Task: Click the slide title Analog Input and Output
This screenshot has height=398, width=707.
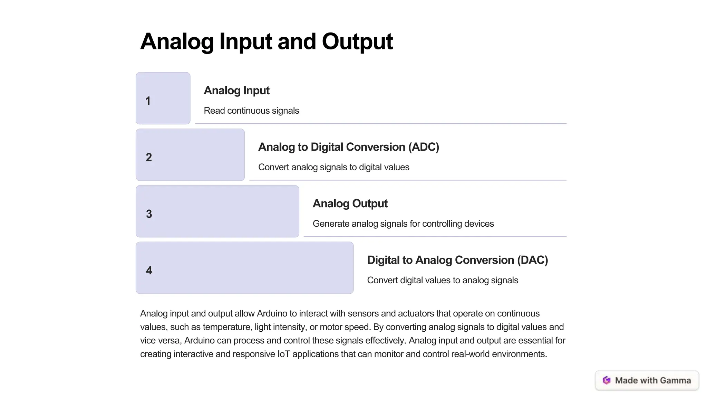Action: (x=266, y=41)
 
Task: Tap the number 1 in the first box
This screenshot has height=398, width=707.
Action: (x=148, y=101)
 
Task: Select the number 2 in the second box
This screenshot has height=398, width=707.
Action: (x=149, y=158)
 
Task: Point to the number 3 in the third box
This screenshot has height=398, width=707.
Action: (x=149, y=214)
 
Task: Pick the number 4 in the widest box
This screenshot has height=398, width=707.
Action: (x=149, y=270)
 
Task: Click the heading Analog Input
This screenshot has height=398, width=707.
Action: (x=236, y=91)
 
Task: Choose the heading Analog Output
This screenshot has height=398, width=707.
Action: (x=350, y=203)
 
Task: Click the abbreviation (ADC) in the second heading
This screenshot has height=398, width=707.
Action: (x=424, y=147)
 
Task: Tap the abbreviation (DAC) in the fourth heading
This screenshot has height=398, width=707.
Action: (x=532, y=260)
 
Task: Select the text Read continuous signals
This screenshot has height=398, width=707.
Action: (x=251, y=111)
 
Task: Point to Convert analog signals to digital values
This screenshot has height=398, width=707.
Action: (x=333, y=167)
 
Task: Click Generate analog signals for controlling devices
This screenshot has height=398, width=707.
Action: (x=403, y=224)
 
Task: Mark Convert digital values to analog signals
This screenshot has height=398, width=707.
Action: (x=443, y=280)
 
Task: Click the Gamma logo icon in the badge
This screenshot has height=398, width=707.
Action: (x=607, y=380)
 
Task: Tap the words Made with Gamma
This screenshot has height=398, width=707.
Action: (x=653, y=380)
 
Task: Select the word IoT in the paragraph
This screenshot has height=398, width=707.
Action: (x=283, y=354)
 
